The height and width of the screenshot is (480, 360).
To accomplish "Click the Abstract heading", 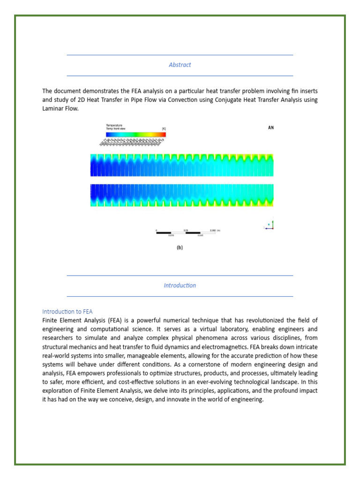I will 180,65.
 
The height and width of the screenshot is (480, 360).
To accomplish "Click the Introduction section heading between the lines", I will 180,285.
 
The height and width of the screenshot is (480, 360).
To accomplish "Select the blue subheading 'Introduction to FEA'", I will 67,311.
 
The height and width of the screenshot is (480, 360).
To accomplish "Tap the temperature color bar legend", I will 135,134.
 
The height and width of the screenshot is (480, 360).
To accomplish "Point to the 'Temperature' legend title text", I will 114,125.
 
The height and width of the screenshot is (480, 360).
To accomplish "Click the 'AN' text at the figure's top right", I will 270,127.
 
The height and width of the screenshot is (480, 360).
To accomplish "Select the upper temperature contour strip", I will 182,165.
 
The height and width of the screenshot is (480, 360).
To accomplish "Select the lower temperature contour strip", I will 182,195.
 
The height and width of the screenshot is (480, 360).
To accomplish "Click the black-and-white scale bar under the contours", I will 185,232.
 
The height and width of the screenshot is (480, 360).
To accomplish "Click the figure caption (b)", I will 180,248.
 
